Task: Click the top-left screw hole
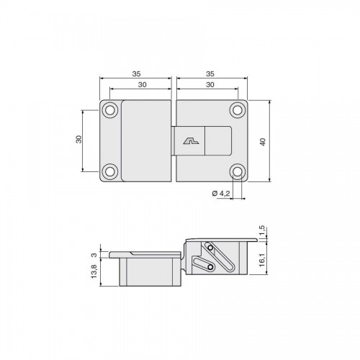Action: point(110,110)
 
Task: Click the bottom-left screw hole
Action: point(110,171)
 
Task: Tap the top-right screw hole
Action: point(238,110)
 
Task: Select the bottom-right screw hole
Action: point(238,171)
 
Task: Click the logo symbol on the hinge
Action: point(192,141)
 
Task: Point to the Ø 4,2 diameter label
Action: point(221,193)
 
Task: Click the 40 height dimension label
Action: point(263,142)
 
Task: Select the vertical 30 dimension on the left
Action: point(78,139)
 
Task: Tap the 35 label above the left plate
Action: point(136,74)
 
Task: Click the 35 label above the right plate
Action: point(210,74)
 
